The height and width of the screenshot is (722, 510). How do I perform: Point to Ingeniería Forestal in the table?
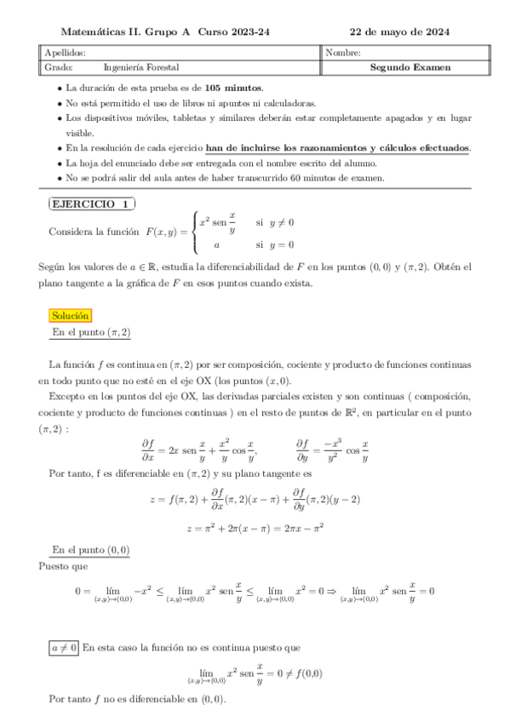coord(141,67)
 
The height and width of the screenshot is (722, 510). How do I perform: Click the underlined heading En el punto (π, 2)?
coord(91,332)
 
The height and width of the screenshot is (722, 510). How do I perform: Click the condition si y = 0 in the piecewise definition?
coord(274,243)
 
